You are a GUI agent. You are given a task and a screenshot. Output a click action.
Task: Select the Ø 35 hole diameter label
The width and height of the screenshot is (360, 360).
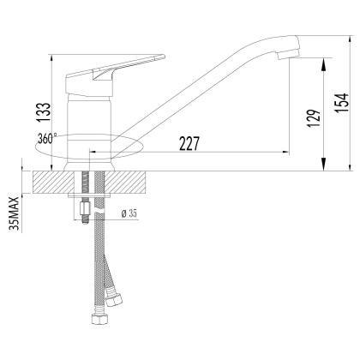pyautogui.click(x=131, y=214)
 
